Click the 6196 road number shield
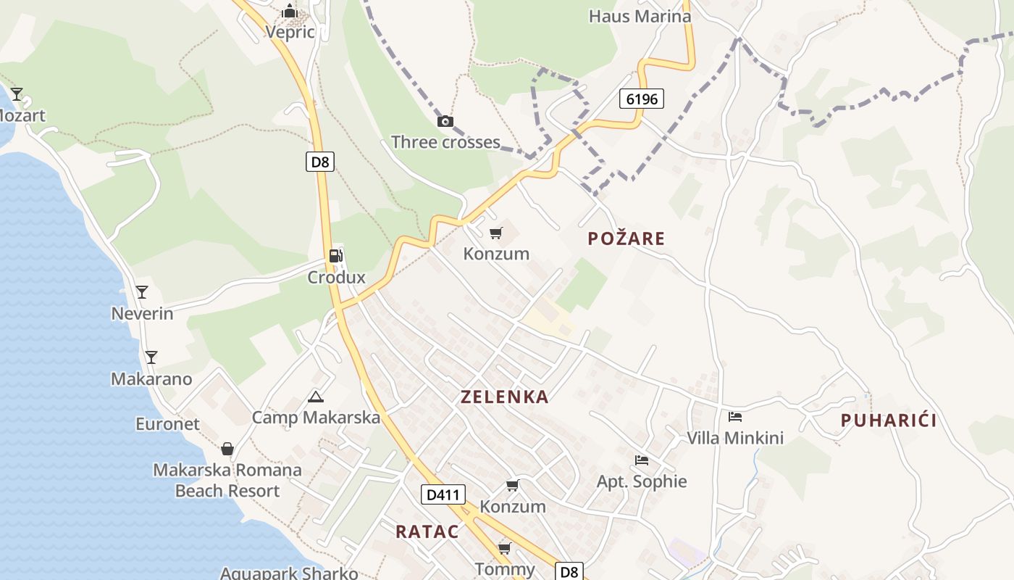[x=642, y=99]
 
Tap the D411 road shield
[x=443, y=495]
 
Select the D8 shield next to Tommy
[x=570, y=571]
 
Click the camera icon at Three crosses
[x=445, y=121]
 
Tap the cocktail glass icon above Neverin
[x=142, y=292]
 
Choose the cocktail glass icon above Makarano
[x=151, y=357]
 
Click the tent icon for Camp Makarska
[x=315, y=397]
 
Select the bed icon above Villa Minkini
[x=735, y=417]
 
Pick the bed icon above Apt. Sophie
[x=641, y=460]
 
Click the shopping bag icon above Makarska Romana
[x=227, y=449]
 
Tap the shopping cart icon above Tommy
[x=504, y=548]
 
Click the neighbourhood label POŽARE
[x=626, y=239]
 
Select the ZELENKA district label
[x=505, y=397]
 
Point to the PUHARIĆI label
[x=889, y=420]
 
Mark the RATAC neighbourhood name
[x=427, y=531]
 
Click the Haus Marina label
[x=640, y=16]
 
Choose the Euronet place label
[x=167, y=424]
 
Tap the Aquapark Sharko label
[x=289, y=573]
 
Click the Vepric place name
[x=290, y=32]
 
